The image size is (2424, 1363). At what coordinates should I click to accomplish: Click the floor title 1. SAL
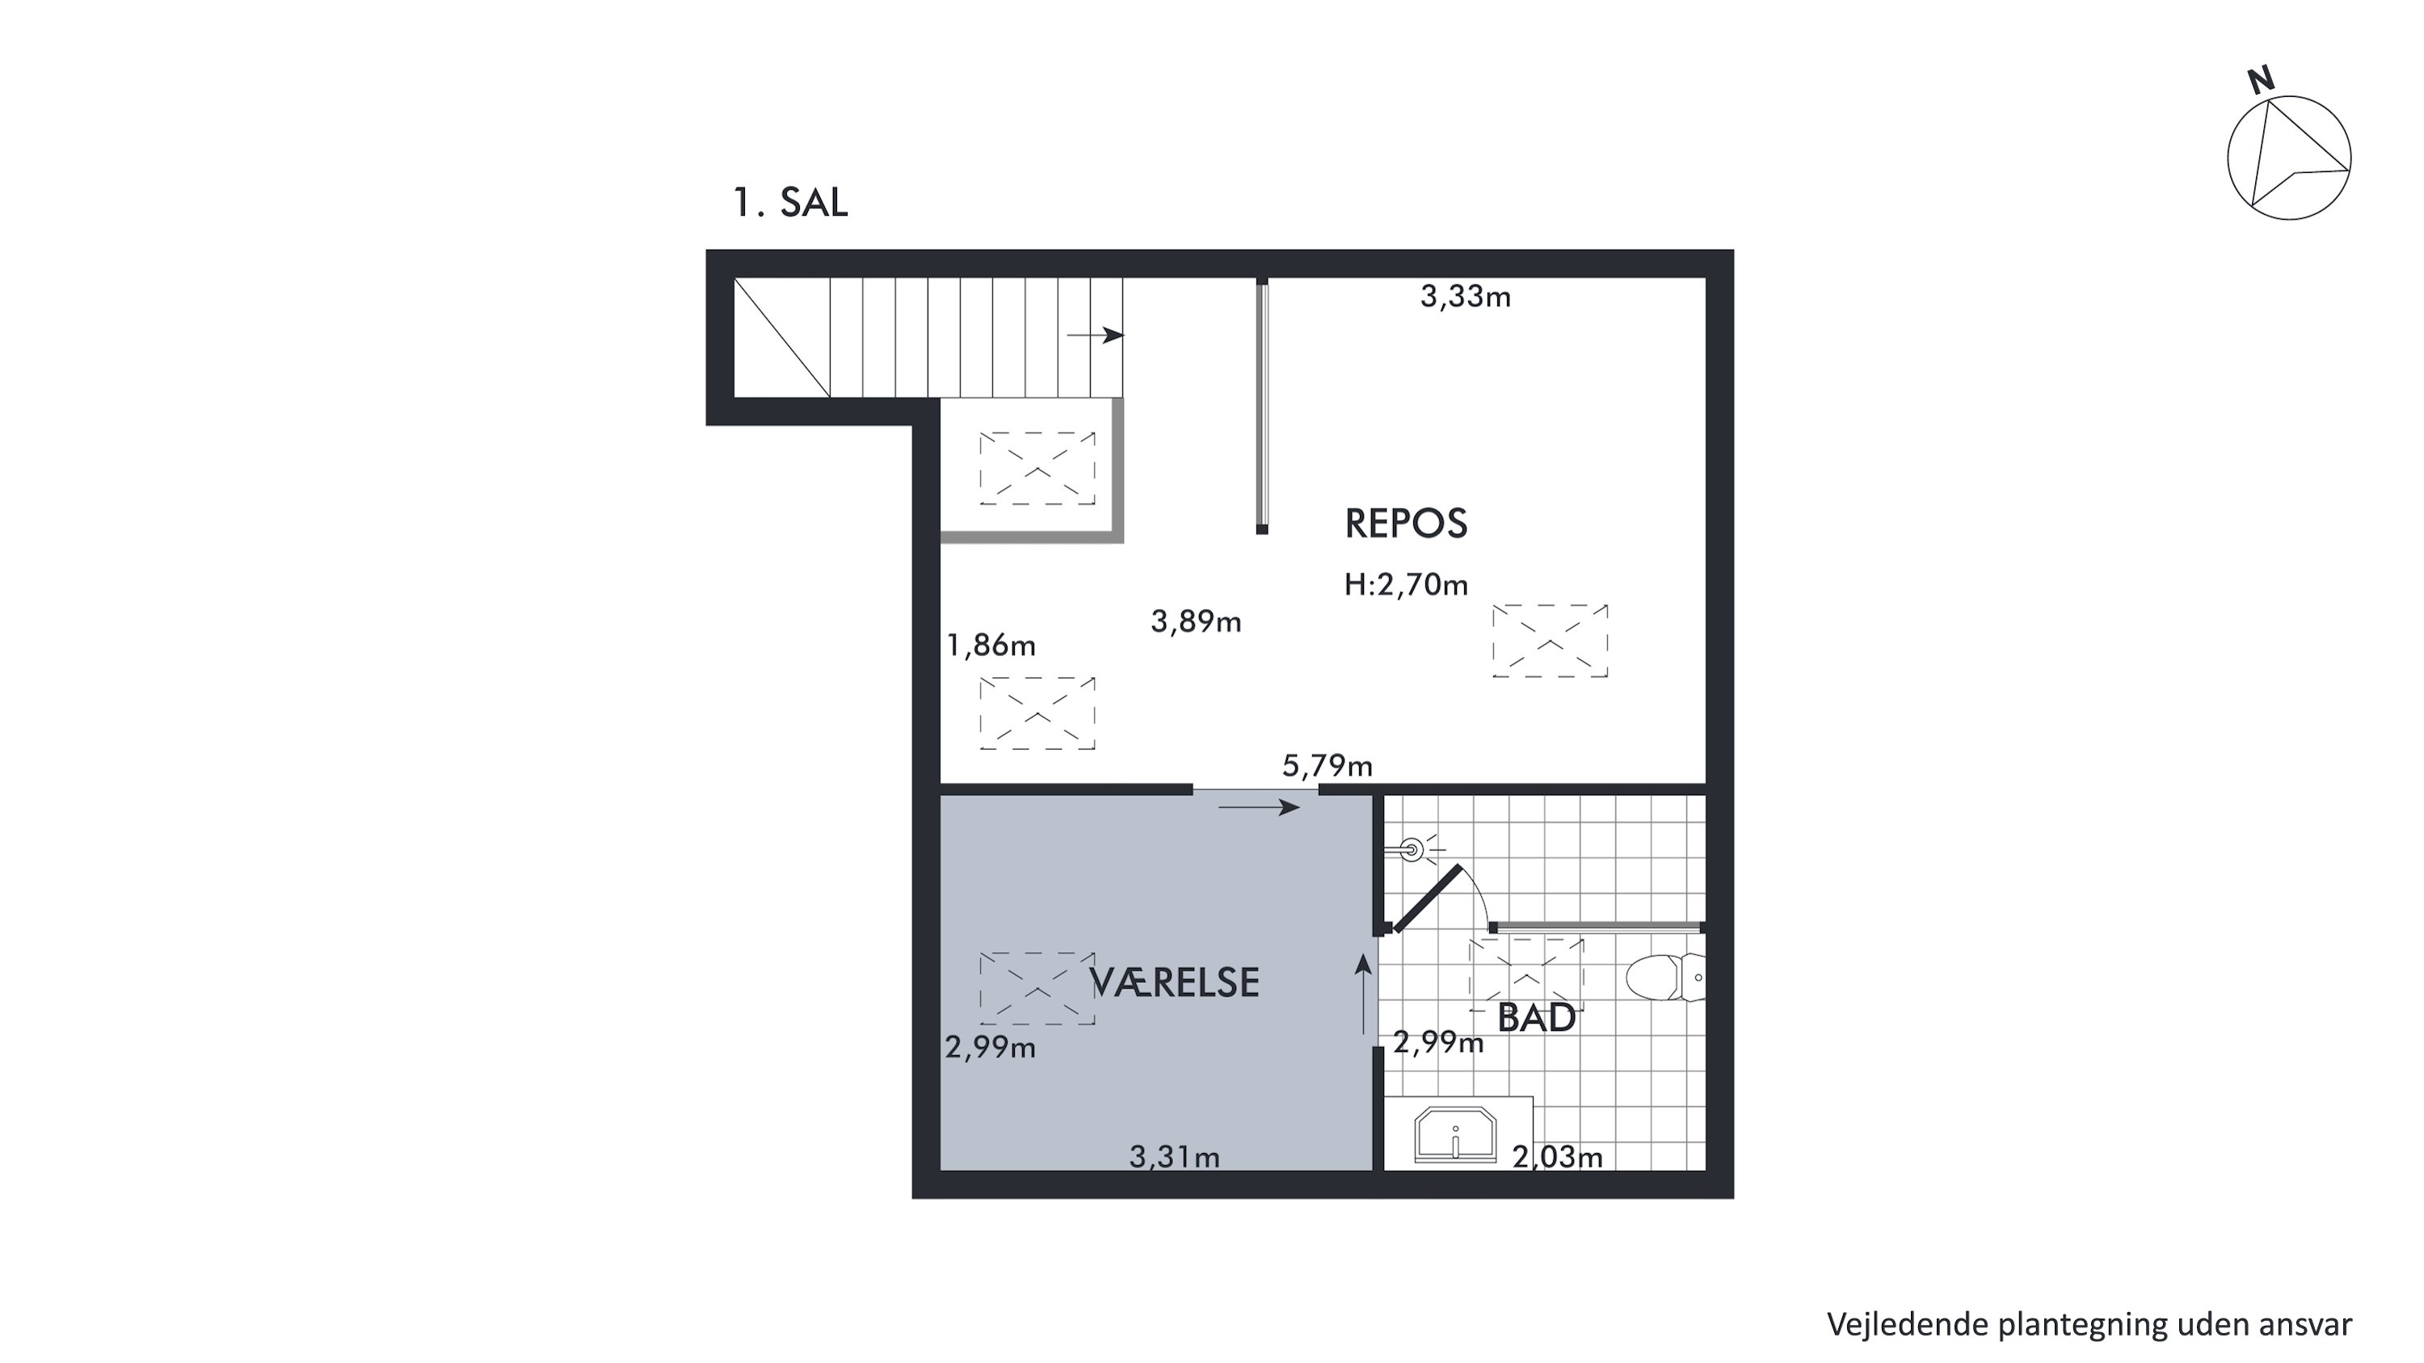pyautogui.click(x=790, y=202)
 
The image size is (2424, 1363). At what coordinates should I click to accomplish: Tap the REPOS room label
pyautogui.click(x=1406, y=523)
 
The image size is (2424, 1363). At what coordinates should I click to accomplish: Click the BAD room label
pyautogui.click(x=1536, y=1018)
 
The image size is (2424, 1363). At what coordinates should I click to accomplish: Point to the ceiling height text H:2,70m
pyautogui.click(x=1406, y=585)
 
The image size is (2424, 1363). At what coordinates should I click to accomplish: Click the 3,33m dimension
pyautogui.click(x=1465, y=297)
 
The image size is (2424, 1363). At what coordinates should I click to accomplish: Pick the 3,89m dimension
pyautogui.click(x=1196, y=622)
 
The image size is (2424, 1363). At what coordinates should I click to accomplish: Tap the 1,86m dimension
pyautogui.click(x=991, y=646)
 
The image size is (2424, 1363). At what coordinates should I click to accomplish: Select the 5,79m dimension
pyautogui.click(x=1327, y=766)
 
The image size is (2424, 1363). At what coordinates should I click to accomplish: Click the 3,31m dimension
pyautogui.click(x=1174, y=1156)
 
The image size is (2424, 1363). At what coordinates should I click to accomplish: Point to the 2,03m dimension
pyautogui.click(x=1557, y=1156)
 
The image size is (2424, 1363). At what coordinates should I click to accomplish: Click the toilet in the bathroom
pyautogui.click(x=1665, y=978)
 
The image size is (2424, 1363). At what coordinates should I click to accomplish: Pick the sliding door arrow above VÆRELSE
pyautogui.click(x=1259, y=807)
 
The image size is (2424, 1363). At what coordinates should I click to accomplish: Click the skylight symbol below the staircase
pyautogui.click(x=1037, y=469)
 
